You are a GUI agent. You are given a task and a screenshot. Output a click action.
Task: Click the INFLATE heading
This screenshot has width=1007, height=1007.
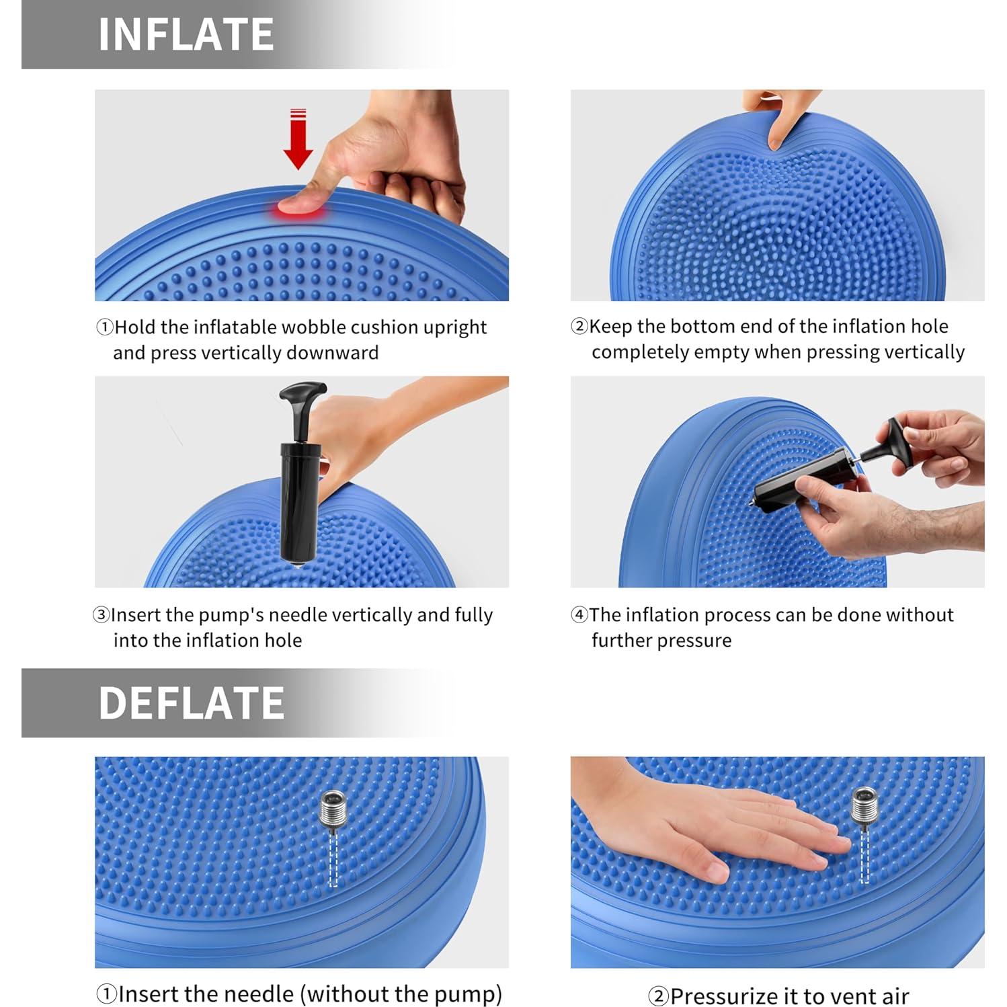186,34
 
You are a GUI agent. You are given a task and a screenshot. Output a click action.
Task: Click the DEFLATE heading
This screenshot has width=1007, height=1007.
192,703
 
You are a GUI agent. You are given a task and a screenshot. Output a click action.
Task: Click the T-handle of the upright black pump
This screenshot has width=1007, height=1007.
303,393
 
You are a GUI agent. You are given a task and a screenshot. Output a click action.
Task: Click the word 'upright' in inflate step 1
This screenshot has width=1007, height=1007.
454,327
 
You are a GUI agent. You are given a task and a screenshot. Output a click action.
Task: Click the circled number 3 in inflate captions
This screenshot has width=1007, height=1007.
101,615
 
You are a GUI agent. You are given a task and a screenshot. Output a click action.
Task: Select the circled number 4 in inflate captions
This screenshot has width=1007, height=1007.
579,615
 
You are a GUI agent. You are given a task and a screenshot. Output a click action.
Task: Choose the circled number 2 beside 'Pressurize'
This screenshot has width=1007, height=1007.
658,996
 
